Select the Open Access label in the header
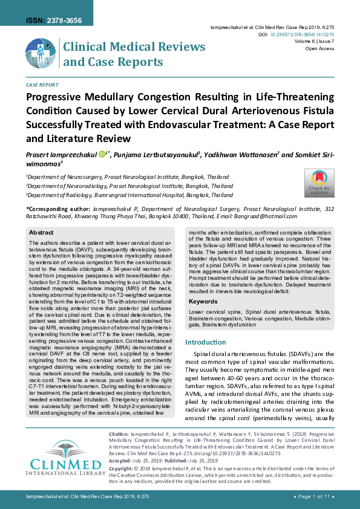tap(319, 49)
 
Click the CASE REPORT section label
tap(42, 86)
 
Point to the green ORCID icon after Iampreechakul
tap(102, 154)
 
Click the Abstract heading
tap(41, 232)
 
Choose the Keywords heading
tap(203, 301)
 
